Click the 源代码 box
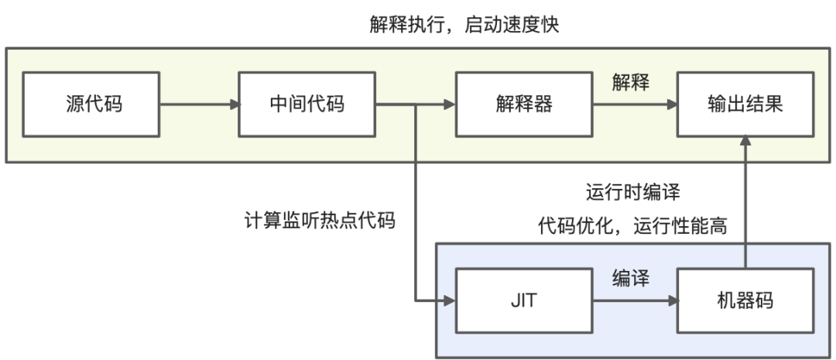(x=91, y=105)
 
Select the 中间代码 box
(x=307, y=105)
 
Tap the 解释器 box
(x=524, y=105)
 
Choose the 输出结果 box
(x=745, y=105)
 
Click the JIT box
(x=524, y=301)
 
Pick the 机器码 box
(x=745, y=301)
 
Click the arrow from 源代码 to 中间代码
(x=200, y=105)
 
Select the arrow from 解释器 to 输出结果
(x=636, y=105)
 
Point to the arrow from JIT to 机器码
(x=636, y=301)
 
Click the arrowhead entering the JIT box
(x=450, y=301)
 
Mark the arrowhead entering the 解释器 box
(x=450, y=105)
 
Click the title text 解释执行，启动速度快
(x=464, y=25)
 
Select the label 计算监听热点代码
(x=320, y=220)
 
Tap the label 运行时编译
(x=633, y=192)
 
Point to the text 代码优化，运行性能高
(x=632, y=226)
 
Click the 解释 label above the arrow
(x=631, y=83)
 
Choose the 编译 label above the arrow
(x=631, y=279)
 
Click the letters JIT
(x=524, y=301)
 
